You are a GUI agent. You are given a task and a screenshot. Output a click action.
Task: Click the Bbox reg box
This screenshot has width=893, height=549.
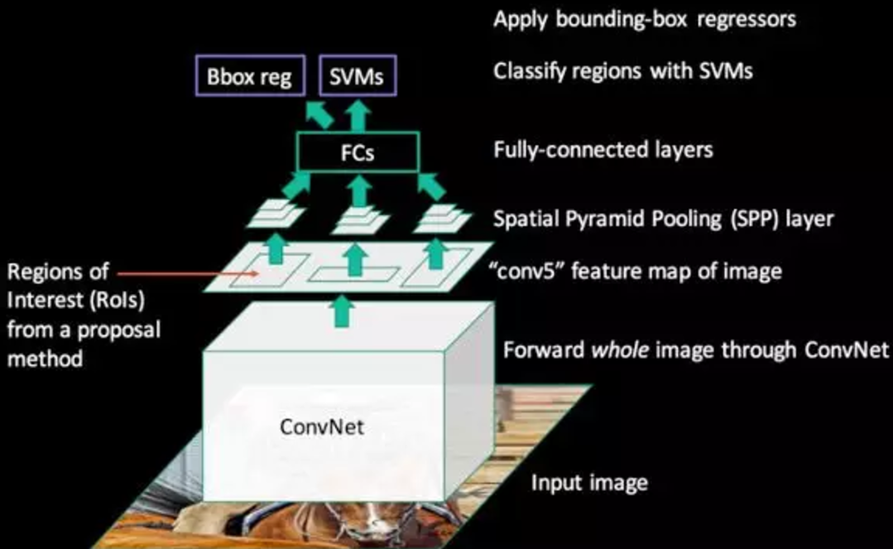250,78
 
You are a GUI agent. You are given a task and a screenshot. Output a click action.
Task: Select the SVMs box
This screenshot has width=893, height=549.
358,78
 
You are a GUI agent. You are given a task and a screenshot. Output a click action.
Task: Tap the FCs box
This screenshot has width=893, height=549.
358,154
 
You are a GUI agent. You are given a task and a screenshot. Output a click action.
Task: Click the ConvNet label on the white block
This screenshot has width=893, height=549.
322,427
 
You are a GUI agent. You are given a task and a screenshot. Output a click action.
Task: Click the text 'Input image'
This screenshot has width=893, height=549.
588,482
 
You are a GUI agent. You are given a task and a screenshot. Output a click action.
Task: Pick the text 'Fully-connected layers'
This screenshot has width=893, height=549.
603,150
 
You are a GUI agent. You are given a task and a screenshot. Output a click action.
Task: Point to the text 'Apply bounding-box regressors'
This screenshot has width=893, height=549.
645,18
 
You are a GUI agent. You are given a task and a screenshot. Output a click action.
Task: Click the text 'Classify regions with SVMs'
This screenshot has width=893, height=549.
623,70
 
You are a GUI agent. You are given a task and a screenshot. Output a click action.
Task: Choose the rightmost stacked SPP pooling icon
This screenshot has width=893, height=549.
441,217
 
